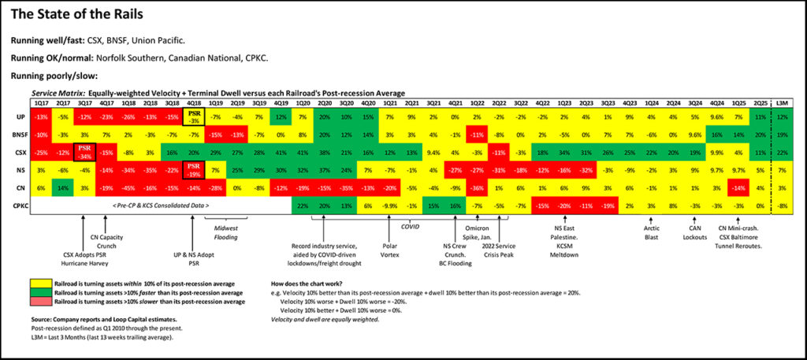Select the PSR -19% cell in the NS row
pos(194,170)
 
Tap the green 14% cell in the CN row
pos(63,187)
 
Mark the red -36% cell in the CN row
pos(477,187)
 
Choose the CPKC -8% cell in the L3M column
pos(782,205)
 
